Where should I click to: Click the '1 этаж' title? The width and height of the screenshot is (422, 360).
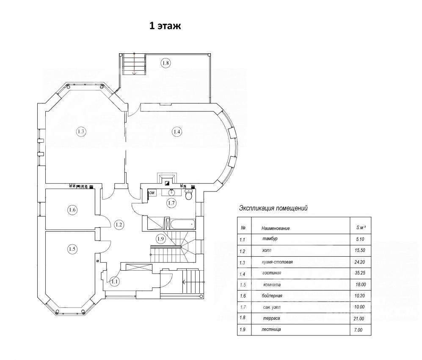pos(165,26)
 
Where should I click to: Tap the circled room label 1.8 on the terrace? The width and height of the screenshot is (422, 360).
pos(165,63)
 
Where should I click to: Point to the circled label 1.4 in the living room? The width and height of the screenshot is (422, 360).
pos(177,132)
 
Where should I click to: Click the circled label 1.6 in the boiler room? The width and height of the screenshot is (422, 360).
pos(72,210)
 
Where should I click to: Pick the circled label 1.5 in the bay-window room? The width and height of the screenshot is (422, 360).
pos(72,249)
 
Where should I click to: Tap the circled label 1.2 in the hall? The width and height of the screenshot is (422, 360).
pos(119,224)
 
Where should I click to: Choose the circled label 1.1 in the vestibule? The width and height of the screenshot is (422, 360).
pos(114,282)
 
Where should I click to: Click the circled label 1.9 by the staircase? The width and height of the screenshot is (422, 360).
pos(161,238)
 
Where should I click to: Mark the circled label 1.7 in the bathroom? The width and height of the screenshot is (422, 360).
pos(171,203)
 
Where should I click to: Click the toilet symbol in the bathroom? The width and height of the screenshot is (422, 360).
pos(189,194)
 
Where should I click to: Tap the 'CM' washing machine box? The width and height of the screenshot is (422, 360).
pos(152,193)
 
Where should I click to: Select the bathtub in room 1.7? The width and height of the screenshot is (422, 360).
pos(179,224)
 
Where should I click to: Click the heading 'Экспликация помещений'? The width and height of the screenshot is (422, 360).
pos(273,208)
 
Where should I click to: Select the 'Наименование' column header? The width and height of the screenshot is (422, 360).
pos(276,228)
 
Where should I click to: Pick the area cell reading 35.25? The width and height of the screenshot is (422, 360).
pos(360,273)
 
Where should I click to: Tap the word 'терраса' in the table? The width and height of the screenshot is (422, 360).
pos(271,318)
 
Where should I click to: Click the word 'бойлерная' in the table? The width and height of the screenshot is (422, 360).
pos(272,296)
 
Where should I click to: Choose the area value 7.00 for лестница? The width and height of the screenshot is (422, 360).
pos(358,330)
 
